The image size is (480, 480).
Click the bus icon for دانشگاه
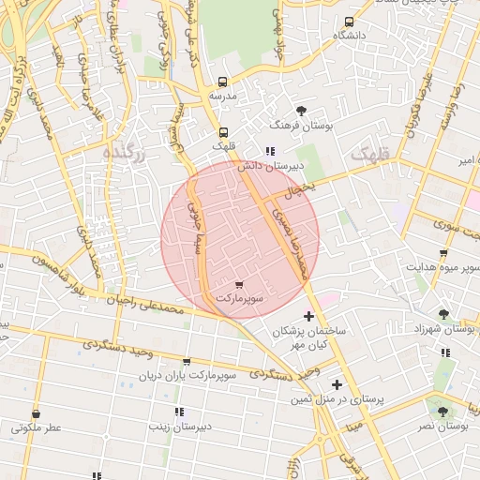click(x=349, y=22)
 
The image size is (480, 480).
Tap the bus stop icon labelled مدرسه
click(x=222, y=82)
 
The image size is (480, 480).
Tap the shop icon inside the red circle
click(x=239, y=284)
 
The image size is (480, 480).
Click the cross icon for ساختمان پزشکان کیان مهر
click(x=309, y=316)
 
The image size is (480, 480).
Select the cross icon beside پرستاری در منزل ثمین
click(x=337, y=384)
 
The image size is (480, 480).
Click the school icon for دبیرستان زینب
click(x=178, y=412)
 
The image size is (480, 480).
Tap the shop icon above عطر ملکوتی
click(x=37, y=413)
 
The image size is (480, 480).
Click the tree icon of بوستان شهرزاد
click(x=443, y=315)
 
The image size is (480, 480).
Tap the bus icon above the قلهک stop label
click(x=223, y=132)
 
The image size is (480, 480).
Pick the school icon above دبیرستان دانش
click(x=269, y=151)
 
